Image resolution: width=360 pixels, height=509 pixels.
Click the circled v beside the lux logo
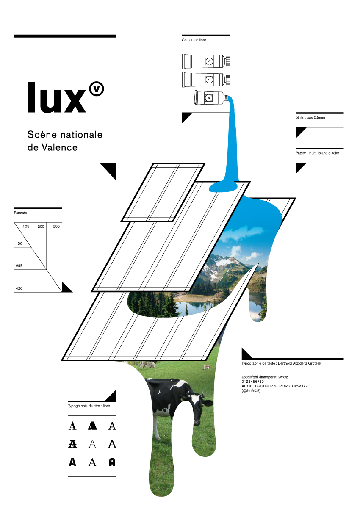(97, 89)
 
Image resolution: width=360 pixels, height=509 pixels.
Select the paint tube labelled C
(204, 61)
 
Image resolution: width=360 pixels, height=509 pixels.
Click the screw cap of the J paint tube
(228, 79)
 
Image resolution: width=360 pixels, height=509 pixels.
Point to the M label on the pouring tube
(209, 98)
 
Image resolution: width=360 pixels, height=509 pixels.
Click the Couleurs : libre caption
(194, 40)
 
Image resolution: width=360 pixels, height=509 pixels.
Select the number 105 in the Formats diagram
(26, 227)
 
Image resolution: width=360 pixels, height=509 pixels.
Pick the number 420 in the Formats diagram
(19, 288)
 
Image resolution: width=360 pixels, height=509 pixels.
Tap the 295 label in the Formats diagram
(56, 227)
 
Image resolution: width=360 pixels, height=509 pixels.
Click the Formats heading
(20, 213)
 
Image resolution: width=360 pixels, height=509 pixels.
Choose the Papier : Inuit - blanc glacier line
(318, 153)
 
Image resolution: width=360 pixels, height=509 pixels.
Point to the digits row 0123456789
(253, 382)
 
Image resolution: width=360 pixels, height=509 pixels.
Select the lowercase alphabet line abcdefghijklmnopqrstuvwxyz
(265, 377)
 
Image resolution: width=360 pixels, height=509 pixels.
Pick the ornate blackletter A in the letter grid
(72, 444)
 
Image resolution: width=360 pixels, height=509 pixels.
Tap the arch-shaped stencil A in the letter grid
(112, 462)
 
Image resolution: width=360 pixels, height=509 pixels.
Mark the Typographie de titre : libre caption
(89, 406)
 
